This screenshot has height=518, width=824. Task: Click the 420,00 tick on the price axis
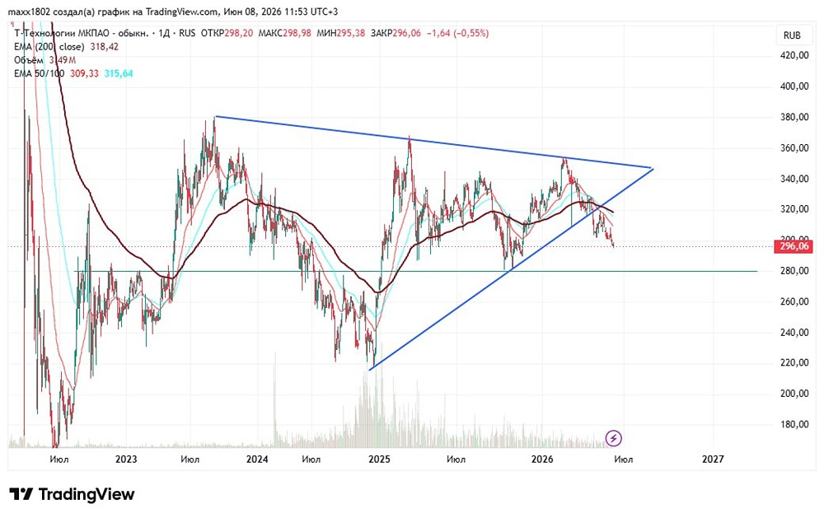794,55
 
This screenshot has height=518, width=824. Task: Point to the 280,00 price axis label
794,271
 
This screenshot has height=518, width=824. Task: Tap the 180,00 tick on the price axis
794,424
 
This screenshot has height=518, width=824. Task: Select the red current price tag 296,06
794,246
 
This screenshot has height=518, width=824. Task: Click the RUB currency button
792,35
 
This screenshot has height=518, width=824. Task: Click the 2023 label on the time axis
126,460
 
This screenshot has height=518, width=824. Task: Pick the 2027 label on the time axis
713,460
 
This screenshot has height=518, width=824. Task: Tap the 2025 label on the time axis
379,460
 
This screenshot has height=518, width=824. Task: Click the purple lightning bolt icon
613,437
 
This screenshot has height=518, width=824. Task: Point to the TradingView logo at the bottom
72,494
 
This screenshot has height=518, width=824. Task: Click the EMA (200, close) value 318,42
104,47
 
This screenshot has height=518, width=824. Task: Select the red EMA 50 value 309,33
84,73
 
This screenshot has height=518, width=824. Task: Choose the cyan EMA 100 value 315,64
118,73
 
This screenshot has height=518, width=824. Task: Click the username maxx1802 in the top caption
29,12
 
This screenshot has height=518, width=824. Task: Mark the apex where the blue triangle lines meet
652,168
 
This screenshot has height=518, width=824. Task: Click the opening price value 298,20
239,33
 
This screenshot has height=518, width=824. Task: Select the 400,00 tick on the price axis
794,86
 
